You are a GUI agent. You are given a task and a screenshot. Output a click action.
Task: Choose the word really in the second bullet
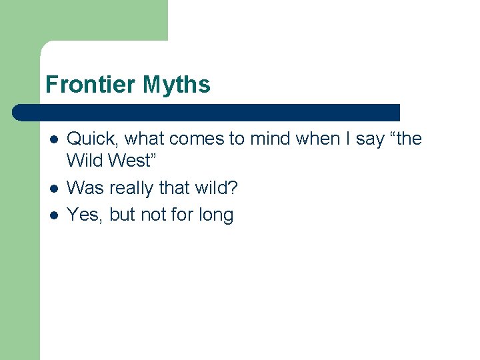point(131,188)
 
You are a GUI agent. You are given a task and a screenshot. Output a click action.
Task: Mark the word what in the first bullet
point(145,139)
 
